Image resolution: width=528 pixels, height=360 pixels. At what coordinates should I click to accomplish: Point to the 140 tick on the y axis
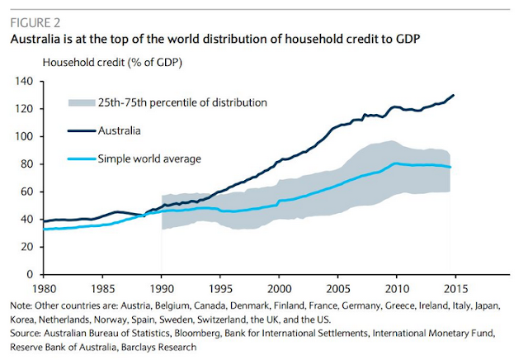pyautogui.click(x=22, y=81)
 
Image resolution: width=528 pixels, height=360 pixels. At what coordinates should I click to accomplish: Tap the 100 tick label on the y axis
pyautogui.click(x=22, y=136)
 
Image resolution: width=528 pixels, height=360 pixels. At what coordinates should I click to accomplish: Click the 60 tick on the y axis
pyautogui.click(x=25, y=192)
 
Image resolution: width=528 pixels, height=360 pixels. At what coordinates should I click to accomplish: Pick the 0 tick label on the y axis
pyautogui.click(x=28, y=273)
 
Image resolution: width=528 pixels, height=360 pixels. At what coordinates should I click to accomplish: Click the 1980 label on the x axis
pyautogui.click(x=43, y=289)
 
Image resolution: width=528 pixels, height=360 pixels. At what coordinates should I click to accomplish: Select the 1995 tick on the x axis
pyautogui.click(x=220, y=289)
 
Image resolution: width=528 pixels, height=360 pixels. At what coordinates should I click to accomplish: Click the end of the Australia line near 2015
pyautogui.click(x=454, y=96)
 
